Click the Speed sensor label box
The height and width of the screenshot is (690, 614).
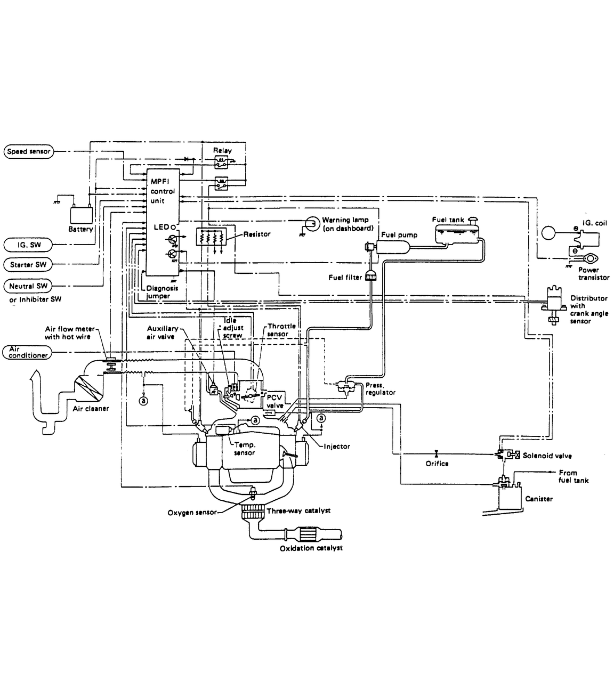[28, 151]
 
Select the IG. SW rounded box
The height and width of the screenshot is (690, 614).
[29, 245]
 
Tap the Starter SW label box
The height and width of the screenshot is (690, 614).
[29, 264]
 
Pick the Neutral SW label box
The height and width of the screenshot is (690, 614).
[29, 286]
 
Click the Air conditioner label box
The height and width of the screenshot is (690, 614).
[28, 352]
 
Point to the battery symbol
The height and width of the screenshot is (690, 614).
[82, 215]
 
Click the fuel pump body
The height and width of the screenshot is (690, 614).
[392, 247]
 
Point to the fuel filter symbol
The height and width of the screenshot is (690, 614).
[370, 276]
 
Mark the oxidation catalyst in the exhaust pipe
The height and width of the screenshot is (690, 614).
[305, 533]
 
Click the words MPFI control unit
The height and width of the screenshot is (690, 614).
[162, 191]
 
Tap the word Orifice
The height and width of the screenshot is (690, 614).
[437, 464]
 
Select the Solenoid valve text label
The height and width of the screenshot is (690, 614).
[547, 456]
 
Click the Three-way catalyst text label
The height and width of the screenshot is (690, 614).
[298, 510]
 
